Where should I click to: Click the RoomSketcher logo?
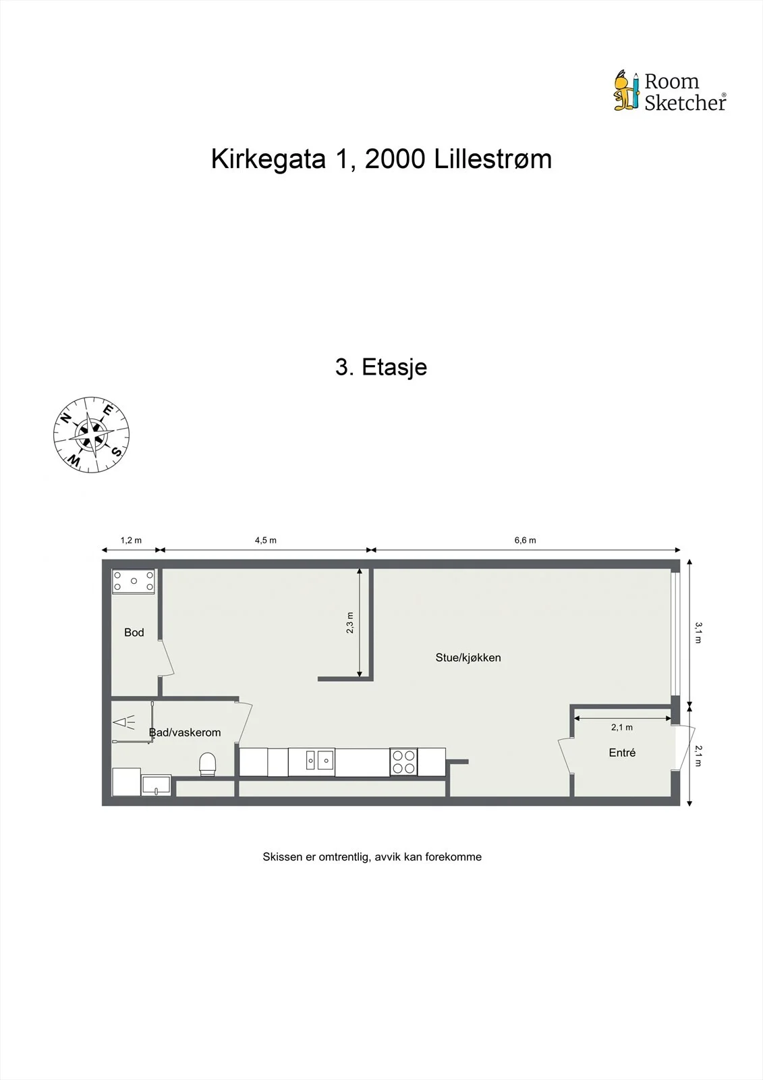pos(670,91)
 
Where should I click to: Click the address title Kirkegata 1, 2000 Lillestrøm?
pos(381,159)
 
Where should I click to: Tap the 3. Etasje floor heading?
pos(381,367)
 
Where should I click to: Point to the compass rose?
pos(91,435)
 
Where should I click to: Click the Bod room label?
pos(134,632)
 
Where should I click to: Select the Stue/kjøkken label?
pos(468,657)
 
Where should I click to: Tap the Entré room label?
pos(622,753)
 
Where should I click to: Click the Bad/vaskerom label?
pos(185,732)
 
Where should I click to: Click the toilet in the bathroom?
pos(208,764)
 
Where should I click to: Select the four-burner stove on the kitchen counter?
pos(403,762)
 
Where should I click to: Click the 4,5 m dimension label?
pos(266,540)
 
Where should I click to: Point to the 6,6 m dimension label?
pos(525,540)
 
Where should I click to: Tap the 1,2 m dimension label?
pos(131,540)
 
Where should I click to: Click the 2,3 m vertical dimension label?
pos(350,622)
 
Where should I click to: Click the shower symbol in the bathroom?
pos(124,722)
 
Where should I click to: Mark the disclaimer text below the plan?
pos(372,857)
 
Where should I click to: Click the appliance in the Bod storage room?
pos(134,581)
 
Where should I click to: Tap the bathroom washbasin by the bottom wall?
pos(156,785)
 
